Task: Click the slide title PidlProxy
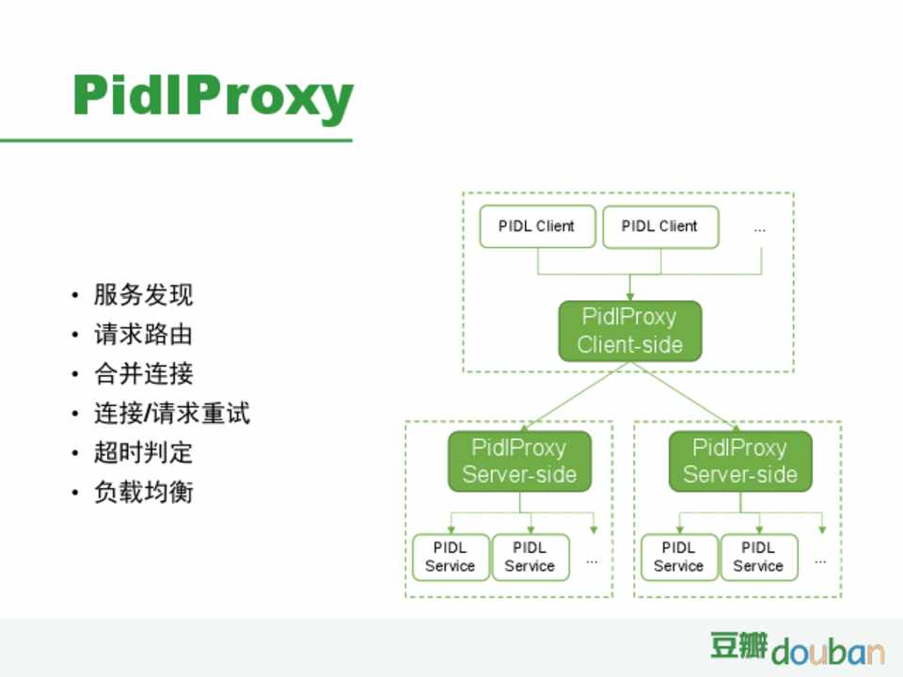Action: pos(213,96)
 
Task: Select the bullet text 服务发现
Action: pos(143,295)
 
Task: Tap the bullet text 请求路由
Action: pos(143,335)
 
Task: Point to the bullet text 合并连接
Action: pos(143,374)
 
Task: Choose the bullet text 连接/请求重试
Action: pos(171,414)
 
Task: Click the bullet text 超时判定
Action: pos(143,453)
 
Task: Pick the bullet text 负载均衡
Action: pos(143,493)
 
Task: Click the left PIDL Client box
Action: pos(537,227)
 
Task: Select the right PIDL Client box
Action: pos(660,227)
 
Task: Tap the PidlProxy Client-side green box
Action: pos(629,331)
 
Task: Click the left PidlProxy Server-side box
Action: pos(519,461)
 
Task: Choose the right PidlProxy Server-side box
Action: pos(740,461)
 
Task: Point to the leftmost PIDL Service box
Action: pos(451,557)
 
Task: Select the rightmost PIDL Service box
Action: pos(758,557)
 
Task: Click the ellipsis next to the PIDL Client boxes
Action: pos(760,228)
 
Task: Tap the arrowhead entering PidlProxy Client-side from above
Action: pos(630,295)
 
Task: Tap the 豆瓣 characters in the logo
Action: pos(738,646)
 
